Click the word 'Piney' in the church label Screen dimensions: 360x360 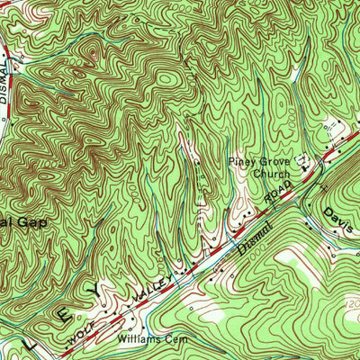pos(241,162)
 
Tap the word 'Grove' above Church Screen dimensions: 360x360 pos(272,162)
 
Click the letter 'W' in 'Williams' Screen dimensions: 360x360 pos(120,341)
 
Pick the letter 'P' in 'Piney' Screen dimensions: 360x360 pos(231,162)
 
